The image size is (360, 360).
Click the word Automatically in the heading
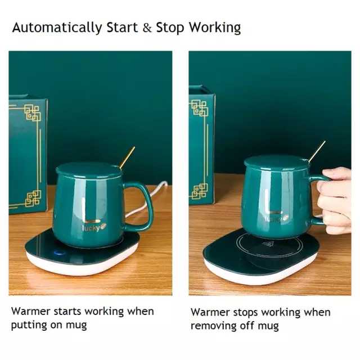tap(57, 28)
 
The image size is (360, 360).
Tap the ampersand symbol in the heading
tap(147, 28)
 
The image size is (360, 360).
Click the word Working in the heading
tap(215, 28)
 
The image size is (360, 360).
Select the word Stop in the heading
tap(170, 28)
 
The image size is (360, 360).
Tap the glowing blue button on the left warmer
tap(59, 253)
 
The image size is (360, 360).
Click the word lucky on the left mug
tap(91, 228)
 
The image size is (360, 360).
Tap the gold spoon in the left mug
tap(127, 157)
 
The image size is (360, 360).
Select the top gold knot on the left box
tap(33, 112)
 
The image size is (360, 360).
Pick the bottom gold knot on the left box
tap(33, 199)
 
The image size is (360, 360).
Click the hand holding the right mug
tap(335, 200)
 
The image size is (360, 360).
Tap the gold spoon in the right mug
tap(317, 151)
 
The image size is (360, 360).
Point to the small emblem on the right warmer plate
tap(268, 244)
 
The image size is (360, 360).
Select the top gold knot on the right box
tap(199, 107)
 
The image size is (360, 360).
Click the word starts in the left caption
tap(67, 312)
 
